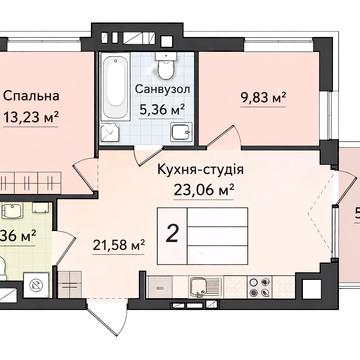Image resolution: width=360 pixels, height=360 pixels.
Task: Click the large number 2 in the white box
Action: (173, 234)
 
